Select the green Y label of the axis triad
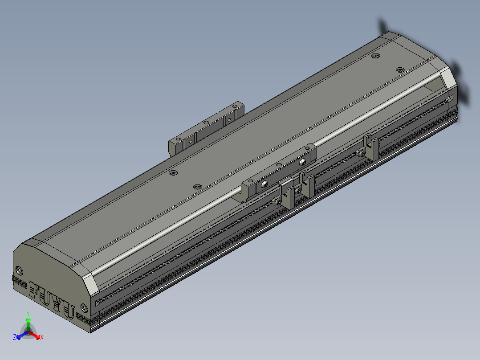click(28, 313)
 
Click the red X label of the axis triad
click(42, 337)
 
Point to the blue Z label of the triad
click(14, 337)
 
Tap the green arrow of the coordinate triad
click(28, 325)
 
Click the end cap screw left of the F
click(19, 271)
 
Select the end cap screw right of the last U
click(84, 308)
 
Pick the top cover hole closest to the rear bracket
click(173, 173)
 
